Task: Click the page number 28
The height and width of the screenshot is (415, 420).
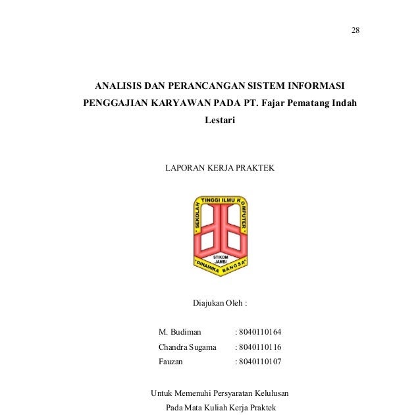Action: pos(355,31)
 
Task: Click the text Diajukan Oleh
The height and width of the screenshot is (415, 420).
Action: pos(219,304)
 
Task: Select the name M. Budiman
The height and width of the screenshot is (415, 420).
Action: pos(180,331)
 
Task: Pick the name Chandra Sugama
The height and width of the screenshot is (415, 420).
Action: pos(188,346)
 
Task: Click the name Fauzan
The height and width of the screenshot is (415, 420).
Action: pos(171,362)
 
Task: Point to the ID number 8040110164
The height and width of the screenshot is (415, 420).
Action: pos(259,331)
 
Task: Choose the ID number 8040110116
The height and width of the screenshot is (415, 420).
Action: pos(259,346)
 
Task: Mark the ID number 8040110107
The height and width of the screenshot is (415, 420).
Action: pos(259,362)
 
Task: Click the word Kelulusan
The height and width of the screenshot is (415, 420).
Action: pos(270,393)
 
